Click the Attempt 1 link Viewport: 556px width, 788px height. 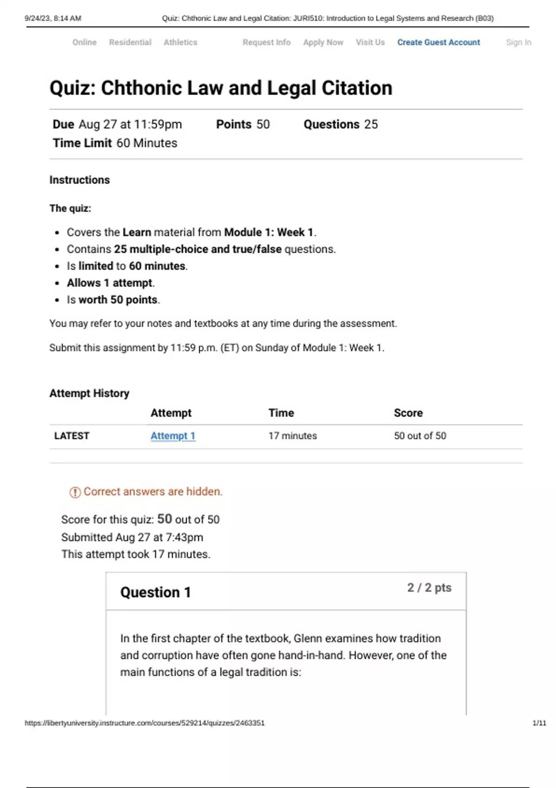pos(173,436)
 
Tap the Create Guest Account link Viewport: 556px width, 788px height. pos(438,42)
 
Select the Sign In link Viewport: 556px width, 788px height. pos(518,42)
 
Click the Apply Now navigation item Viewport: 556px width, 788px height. pos(323,42)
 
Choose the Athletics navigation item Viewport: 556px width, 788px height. pos(180,42)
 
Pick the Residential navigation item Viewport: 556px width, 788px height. pos(130,42)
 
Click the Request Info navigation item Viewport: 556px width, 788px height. pos(266,42)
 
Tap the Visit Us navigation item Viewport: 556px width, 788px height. pos(370,42)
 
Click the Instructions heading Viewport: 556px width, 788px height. pos(80,180)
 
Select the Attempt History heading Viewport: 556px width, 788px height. pos(89,393)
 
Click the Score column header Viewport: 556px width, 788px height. pos(408,413)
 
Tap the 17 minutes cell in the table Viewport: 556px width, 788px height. pos(293,436)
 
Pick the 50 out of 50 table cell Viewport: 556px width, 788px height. pos(420,436)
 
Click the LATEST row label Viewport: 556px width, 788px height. pos(72,436)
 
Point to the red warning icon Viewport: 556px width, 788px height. pos(75,492)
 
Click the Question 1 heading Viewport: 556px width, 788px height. pos(156,592)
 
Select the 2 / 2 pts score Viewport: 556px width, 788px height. pos(429,588)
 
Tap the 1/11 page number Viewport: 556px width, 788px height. pos(539,723)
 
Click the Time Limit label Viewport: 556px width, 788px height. pos(82,143)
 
